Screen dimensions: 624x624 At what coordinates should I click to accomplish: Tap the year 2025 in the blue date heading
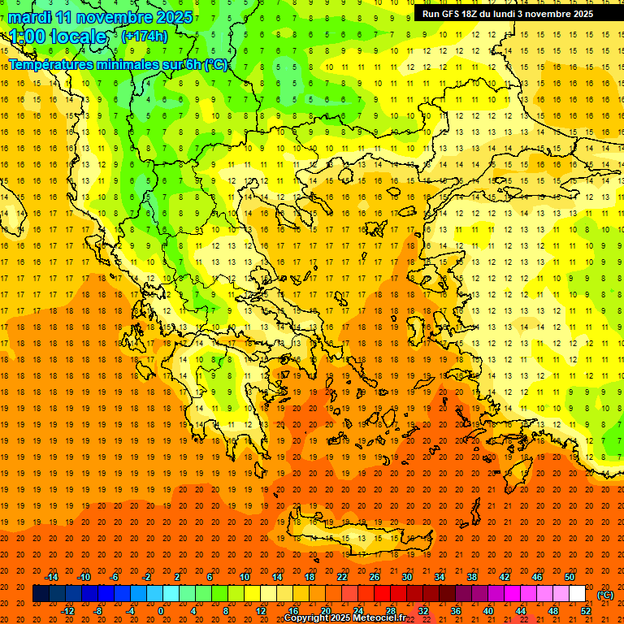172,17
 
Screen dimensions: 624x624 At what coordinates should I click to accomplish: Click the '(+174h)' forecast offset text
144,37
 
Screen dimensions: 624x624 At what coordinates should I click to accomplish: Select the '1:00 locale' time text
58,37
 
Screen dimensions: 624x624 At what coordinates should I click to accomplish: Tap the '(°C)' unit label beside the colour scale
605,595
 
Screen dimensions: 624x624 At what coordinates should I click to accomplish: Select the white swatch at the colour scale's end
577,594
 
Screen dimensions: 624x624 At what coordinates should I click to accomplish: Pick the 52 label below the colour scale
586,610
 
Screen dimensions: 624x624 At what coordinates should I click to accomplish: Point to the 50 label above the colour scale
569,577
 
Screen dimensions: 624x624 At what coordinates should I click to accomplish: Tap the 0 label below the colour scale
162,610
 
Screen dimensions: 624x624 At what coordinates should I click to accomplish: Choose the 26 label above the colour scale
375,577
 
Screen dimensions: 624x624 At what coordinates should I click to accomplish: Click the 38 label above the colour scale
472,577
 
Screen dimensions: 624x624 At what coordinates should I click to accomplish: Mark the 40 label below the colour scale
488,610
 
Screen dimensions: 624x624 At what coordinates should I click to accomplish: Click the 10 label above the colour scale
245,577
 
